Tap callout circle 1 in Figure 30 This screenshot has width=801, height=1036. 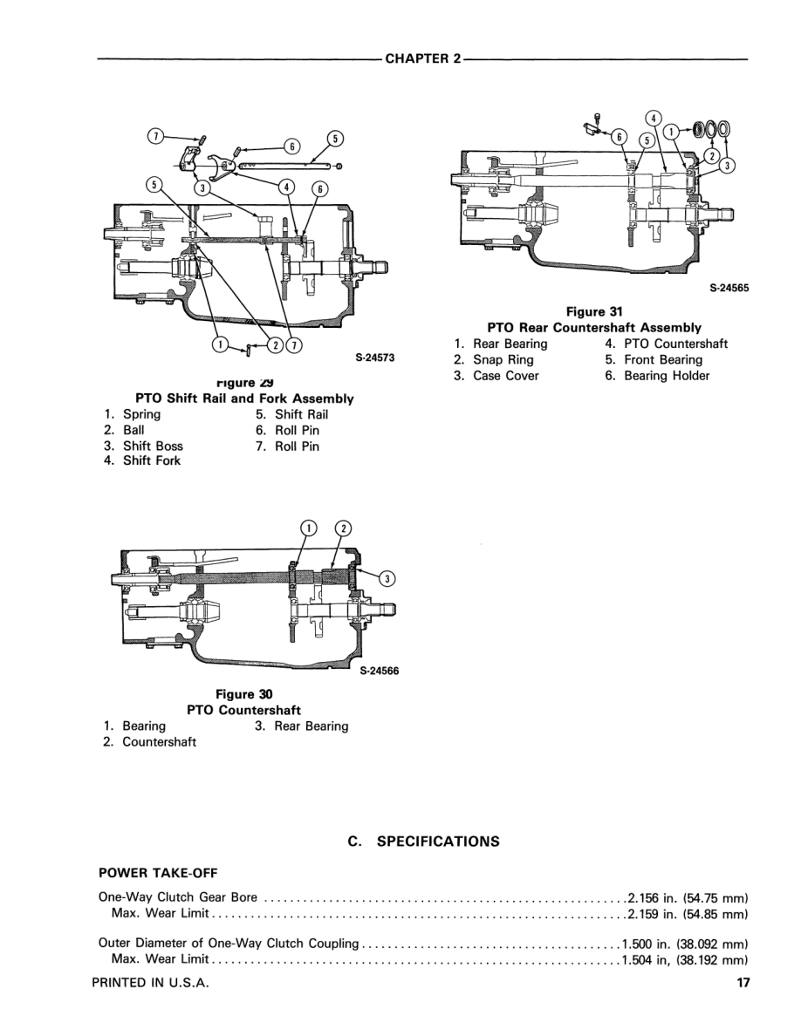click(x=308, y=528)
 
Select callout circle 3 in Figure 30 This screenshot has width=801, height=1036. click(x=387, y=577)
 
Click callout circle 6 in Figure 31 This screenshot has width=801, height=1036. click(x=620, y=136)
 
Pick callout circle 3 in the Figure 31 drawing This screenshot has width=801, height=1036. click(x=726, y=166)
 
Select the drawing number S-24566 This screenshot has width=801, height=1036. click(x=380, y=671)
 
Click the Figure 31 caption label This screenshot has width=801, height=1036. click(x=594, y=311)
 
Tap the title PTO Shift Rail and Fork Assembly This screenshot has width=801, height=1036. click(x=244, y=399)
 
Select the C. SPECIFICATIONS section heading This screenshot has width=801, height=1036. click(x=424, y=842)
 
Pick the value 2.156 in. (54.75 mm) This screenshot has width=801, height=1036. click(x=688, y=897)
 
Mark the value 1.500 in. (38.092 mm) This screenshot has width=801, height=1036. click(x=684, y=944)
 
